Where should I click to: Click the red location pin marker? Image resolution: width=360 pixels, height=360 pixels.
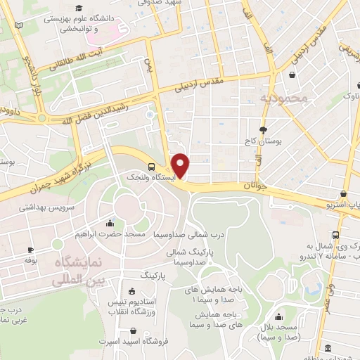(x=181, y=164)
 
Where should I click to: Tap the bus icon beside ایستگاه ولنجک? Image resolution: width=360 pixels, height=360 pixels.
(x=153, y=167)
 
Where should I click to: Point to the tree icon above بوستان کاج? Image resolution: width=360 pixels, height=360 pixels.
(x=264, y=129)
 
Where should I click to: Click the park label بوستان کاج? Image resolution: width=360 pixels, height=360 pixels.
(x=263, y=141)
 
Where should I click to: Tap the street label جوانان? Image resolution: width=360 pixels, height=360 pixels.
(x=257, y=186)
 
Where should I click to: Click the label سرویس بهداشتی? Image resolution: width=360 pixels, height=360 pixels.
(x=47, y=207)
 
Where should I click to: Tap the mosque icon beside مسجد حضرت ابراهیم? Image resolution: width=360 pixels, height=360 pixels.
(x=110, y=224)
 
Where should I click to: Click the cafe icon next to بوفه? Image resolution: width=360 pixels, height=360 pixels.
(x=30, y=250)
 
